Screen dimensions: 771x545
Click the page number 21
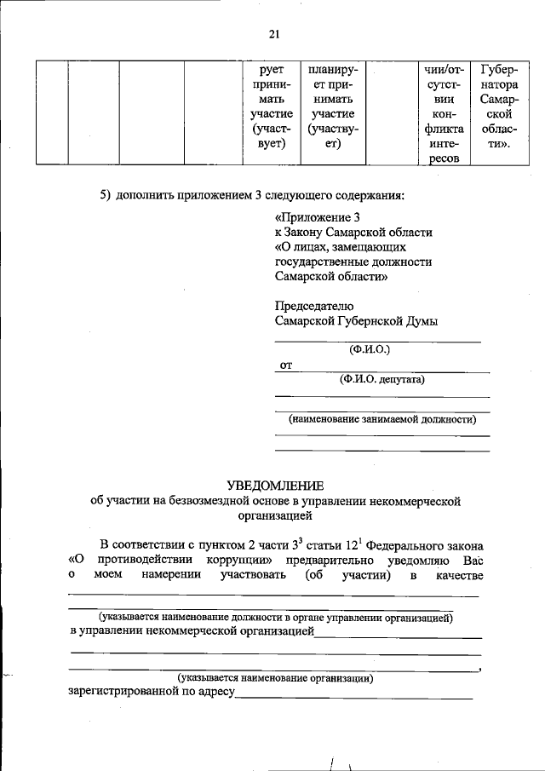coord(273,34)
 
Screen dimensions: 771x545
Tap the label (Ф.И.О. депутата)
coord(382,379)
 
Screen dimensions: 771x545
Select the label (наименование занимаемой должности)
coord(382,419)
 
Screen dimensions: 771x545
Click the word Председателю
coord(314,306)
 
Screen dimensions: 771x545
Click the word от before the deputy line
coord(287,366)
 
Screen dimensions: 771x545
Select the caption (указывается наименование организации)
coord(275,678)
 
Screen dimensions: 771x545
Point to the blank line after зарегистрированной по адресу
coord(353,697)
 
